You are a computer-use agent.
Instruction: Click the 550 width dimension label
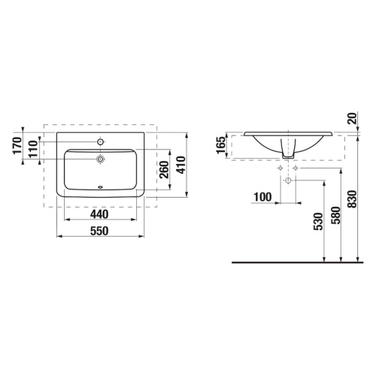point(99,231)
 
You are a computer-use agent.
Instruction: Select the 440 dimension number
point(99,214)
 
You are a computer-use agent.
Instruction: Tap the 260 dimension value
point(164,170)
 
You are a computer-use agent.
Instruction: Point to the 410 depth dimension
point(180,165)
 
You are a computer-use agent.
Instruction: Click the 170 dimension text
point(17,145)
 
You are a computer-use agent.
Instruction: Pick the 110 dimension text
point(33,149)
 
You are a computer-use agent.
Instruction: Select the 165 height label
point(221,145)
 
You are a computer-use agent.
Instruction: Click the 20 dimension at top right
point(353,118)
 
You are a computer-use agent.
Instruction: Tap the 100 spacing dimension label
point(262,197)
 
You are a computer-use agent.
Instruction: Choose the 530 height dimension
point(318,221)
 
